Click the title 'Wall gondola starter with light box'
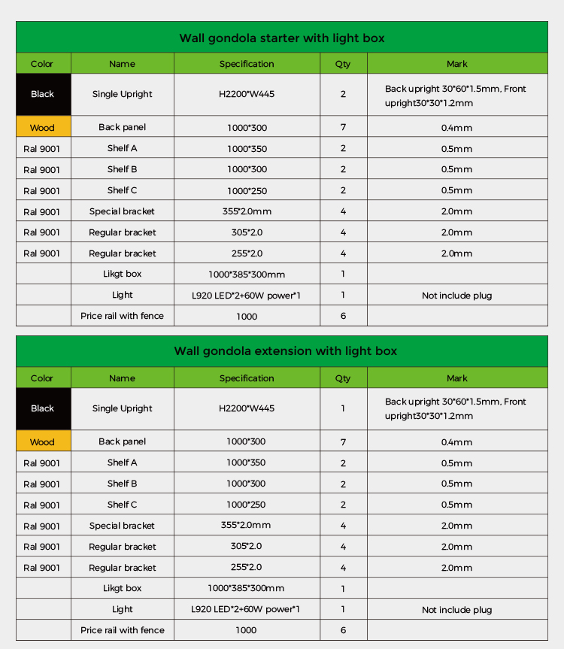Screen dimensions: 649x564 pyautogui.click(x=282, y=38)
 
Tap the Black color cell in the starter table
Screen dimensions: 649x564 pyautogui.click(x=43, y=94)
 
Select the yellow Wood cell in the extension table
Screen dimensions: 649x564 pyautogui.click(x=43, y=441)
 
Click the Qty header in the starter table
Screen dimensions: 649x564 pyautogui.click(x=343, y=64)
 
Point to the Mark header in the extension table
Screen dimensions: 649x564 pyautogui.click(x=456, y=378)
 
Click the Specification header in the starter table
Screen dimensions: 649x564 pyautogui.click(x=247, y=64)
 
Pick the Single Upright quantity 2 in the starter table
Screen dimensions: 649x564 pyautogui.click(x=343, y=94)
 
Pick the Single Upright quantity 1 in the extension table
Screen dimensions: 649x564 pyautogui.click(x=343, y=408)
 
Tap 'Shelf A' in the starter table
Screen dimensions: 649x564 pyautogui.click(x=122, y=148)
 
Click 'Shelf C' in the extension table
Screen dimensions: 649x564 pyautogui.click(x=122, y=505)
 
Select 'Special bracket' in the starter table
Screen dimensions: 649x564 pyautogui.click(x=122, y=211)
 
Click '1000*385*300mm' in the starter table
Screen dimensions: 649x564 pyautogui.click(x=247, y=274)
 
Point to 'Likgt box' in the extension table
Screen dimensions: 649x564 pyautogui.click(x=122, y=588)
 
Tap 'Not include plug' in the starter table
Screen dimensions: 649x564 pyautogui.click(x=456, y=296)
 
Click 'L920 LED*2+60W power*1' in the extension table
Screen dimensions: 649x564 pyautogui.click(x=247, y=609)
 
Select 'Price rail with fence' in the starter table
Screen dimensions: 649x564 pyautogui.click(x=122, y=316)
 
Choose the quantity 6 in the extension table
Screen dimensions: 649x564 pyautogui.click(x=343, y=630)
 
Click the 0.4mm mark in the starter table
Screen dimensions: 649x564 pyautogui.click(x=456, y=128)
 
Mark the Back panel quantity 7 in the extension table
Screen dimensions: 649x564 pyautogui.click(x=343, y=441)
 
